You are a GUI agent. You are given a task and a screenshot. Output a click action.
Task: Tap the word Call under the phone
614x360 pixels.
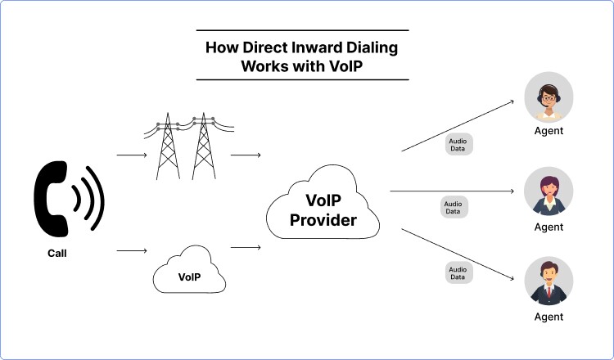click(56, 254)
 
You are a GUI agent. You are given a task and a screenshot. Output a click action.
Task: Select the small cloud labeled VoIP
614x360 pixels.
click(189, 274)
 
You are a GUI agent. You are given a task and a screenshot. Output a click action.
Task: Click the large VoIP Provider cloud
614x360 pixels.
click(324, 209)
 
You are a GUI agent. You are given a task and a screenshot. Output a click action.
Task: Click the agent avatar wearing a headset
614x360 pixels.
click(548, 97)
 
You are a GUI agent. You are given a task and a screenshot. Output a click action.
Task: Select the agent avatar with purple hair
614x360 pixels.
click(548, 191)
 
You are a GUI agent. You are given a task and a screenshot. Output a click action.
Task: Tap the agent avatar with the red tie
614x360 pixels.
click(548, 281)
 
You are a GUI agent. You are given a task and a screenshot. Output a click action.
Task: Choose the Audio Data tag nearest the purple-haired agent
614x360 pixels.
click(452, 207)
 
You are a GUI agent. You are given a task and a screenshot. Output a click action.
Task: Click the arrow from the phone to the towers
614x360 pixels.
click(131, 154)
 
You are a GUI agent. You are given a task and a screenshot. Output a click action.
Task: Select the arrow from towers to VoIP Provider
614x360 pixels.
click(246, 154)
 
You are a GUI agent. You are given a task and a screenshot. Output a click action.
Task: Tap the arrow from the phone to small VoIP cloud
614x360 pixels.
click(131, 250)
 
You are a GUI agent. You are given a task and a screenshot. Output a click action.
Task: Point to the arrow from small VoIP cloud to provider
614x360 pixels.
click(246, 247)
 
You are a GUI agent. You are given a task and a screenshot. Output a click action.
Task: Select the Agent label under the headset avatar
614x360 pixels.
click(548, 131)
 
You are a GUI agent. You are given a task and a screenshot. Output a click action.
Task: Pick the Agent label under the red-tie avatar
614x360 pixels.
click(548, 317)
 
